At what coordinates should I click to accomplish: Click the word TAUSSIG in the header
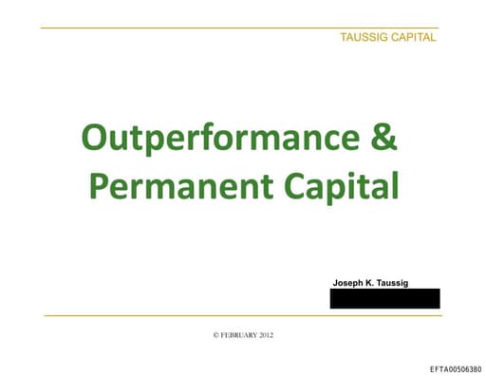[364, 37]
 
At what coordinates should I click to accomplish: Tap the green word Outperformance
[219, 139]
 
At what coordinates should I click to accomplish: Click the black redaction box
[384, 298]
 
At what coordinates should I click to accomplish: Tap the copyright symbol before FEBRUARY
[216, 335]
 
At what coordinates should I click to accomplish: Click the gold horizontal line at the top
[237, 28]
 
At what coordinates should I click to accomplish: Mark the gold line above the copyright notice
[237, 315]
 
